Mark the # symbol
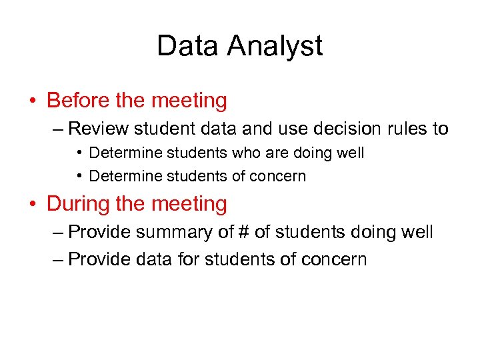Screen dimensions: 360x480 pyautogui.click(x=230, y=232)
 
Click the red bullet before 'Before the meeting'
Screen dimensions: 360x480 pyautogui.click(x=33, y=101)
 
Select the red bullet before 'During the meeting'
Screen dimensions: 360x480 pyautogui.click(x=33, y=204)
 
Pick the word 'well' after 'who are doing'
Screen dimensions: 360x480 pyautogui.click(x=351, y=153)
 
